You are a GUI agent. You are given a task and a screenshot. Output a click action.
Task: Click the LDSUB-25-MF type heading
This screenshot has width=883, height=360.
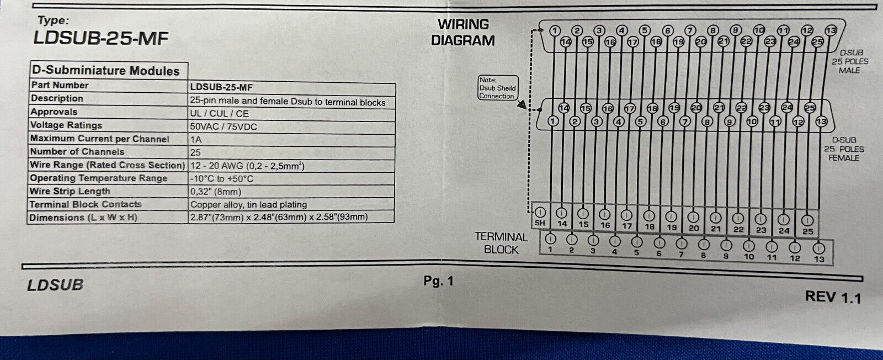[100, 38]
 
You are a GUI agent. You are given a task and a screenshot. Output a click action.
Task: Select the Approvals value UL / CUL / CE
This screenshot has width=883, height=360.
[219, 114]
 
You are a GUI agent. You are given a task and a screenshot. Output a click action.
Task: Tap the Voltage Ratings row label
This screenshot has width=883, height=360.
[66, 125]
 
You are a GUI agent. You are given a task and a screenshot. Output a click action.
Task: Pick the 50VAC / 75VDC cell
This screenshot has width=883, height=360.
[224, 126]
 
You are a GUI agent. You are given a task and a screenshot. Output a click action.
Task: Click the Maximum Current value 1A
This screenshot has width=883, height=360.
[196, 140]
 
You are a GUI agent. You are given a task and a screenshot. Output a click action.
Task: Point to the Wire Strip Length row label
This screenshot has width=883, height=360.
[70, 191]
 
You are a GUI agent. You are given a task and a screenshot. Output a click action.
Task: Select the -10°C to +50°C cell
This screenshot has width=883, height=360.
[222, 179]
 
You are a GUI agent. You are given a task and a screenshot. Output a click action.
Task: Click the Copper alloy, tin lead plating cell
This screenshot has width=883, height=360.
[248, 204]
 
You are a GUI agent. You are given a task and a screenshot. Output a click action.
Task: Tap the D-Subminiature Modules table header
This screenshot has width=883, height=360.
[105, 71]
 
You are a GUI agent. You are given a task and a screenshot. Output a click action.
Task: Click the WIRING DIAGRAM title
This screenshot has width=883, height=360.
[463, 33]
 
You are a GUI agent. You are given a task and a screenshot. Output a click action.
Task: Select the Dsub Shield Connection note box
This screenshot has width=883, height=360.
[497, 88]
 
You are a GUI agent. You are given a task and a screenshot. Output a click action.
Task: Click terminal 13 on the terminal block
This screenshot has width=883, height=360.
[819, 249]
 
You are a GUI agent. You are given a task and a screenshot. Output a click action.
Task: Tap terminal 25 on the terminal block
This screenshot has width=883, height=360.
[807, 221]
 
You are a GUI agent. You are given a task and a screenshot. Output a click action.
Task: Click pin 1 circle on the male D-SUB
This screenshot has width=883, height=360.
[555, 30]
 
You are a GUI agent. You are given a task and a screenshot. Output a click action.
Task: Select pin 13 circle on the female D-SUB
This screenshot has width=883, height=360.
[821, 121]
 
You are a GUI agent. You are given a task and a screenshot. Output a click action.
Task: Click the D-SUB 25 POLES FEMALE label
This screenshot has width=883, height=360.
[844, 149]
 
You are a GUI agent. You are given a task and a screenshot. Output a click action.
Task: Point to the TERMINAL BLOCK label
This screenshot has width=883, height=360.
[501, 243]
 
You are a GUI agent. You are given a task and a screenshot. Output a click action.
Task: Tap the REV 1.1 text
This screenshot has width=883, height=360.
[833, 297]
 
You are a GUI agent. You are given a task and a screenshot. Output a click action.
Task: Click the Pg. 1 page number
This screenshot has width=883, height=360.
[438, 281]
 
